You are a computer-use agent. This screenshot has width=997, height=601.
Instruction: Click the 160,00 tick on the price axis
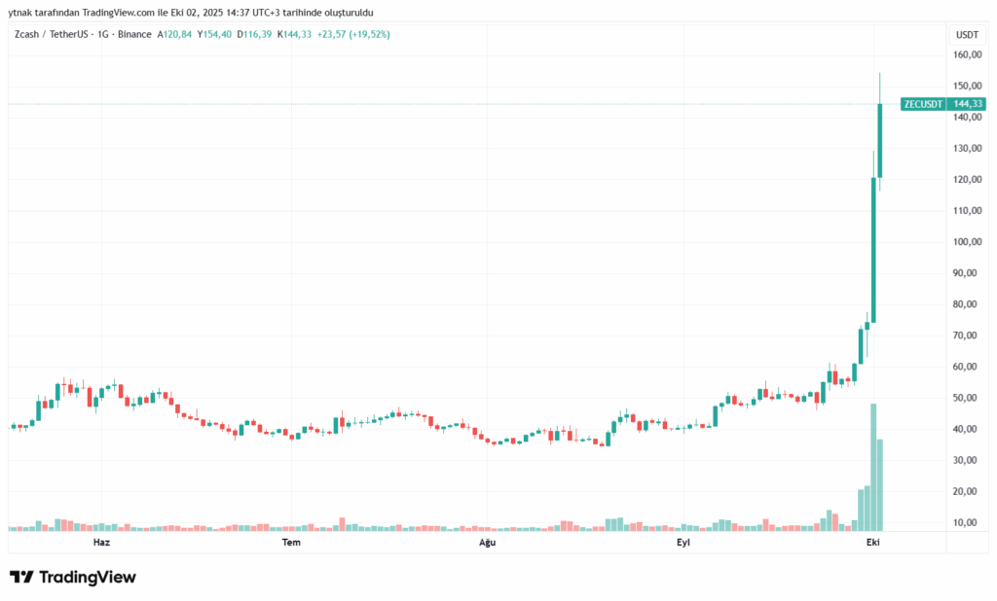966,55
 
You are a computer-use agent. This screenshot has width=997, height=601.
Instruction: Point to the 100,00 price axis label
966,242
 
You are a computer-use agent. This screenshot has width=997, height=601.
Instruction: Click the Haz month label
100,542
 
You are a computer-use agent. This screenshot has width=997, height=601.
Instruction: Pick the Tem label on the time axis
290,542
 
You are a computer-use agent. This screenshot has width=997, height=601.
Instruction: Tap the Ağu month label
486,542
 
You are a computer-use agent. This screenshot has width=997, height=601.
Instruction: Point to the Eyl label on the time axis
684,542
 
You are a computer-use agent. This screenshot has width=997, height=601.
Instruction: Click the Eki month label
874,542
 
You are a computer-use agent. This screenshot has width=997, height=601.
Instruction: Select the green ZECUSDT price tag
923,104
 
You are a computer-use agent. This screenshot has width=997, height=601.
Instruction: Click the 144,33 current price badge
968,104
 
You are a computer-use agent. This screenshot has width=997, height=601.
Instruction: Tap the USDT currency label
967,34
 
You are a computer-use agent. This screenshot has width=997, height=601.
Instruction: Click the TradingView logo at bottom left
73,578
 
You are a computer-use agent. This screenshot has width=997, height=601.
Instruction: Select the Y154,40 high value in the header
214,34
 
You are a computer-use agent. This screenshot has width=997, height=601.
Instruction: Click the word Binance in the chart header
134,34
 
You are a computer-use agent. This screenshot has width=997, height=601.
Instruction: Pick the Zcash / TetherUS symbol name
48,34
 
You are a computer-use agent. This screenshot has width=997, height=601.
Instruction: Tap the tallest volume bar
873,467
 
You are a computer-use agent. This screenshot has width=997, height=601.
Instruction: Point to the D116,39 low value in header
255,34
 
